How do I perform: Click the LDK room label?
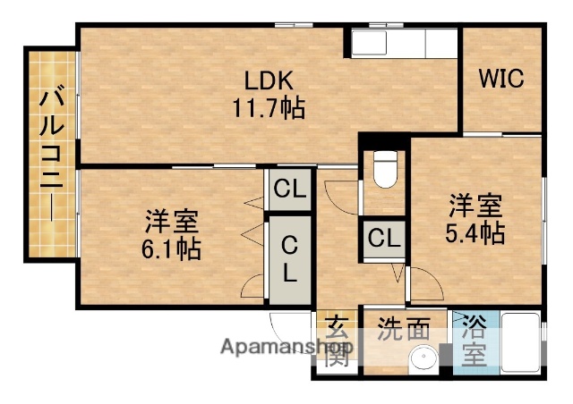pyautogui.click(x=264, y=80)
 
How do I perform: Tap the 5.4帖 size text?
pyautogui.click(x=475, y=233)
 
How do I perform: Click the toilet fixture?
pyautogui.click(x=384, y=169)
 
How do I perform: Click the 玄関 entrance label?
pyautogui.click(x=336, y=342)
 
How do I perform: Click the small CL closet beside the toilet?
pyautogui.click(x=384, y=239)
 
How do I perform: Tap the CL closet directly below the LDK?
pyautogui.click(x=289, y=189)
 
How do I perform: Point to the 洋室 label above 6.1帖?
pyautogui.click(x=172, y=220)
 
